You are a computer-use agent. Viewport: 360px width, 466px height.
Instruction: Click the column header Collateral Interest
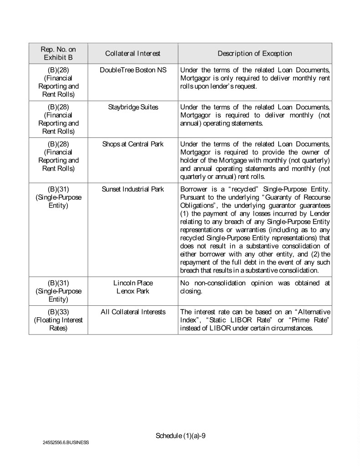tap(132, 54)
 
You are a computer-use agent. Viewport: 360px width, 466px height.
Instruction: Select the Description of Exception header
tap(254, 54)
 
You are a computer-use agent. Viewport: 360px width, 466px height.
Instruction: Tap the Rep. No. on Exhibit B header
tap(58, 54)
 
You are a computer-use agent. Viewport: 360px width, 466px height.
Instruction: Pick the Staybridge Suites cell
tap(133, 107)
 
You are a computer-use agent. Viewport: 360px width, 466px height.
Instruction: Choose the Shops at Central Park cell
tap(133, 144)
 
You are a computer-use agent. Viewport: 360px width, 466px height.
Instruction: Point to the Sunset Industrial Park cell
tap(133, 189)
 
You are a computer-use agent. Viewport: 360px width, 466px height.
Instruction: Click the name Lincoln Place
tap(133, 283)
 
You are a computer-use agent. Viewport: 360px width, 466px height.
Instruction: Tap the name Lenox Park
tap(133, 291)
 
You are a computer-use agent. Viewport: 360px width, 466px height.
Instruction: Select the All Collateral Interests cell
tap(133, 312)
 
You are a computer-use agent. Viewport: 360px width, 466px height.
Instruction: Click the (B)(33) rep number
tap(58, 312)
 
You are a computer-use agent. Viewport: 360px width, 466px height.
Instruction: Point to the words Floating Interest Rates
tap(58, 324)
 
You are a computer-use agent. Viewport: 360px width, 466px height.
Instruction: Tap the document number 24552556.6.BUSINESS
tap(66, 442)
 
